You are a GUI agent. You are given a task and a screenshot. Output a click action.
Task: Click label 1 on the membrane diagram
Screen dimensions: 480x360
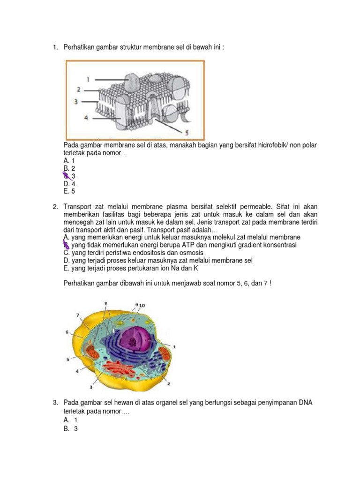pyautogui.click(x=88, y=80)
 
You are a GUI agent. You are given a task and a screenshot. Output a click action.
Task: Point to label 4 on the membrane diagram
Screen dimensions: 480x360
pyautogui.click(x=86, y=118)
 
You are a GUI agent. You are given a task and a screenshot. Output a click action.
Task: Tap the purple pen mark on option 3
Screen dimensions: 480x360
pyautogui.click(x=67, y=176)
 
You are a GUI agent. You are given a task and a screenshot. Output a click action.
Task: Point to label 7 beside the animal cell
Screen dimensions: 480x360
pyautogui.click(x=77, y=315)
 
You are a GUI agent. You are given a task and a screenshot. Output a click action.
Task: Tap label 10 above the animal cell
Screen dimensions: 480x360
pyautogui.click(x=142, y=305)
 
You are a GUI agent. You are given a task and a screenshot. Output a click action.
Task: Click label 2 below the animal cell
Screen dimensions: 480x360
pyautogui.click(x=168, y=384)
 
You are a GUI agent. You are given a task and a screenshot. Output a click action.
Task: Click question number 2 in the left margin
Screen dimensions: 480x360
pyautogui.click(x=55, y=207)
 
